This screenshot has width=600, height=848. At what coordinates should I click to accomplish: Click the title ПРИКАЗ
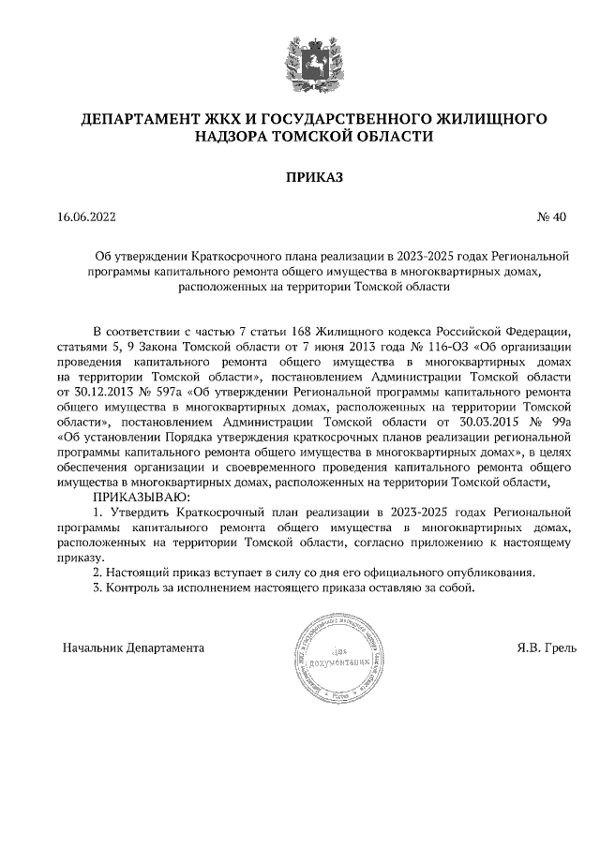(302, 176)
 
